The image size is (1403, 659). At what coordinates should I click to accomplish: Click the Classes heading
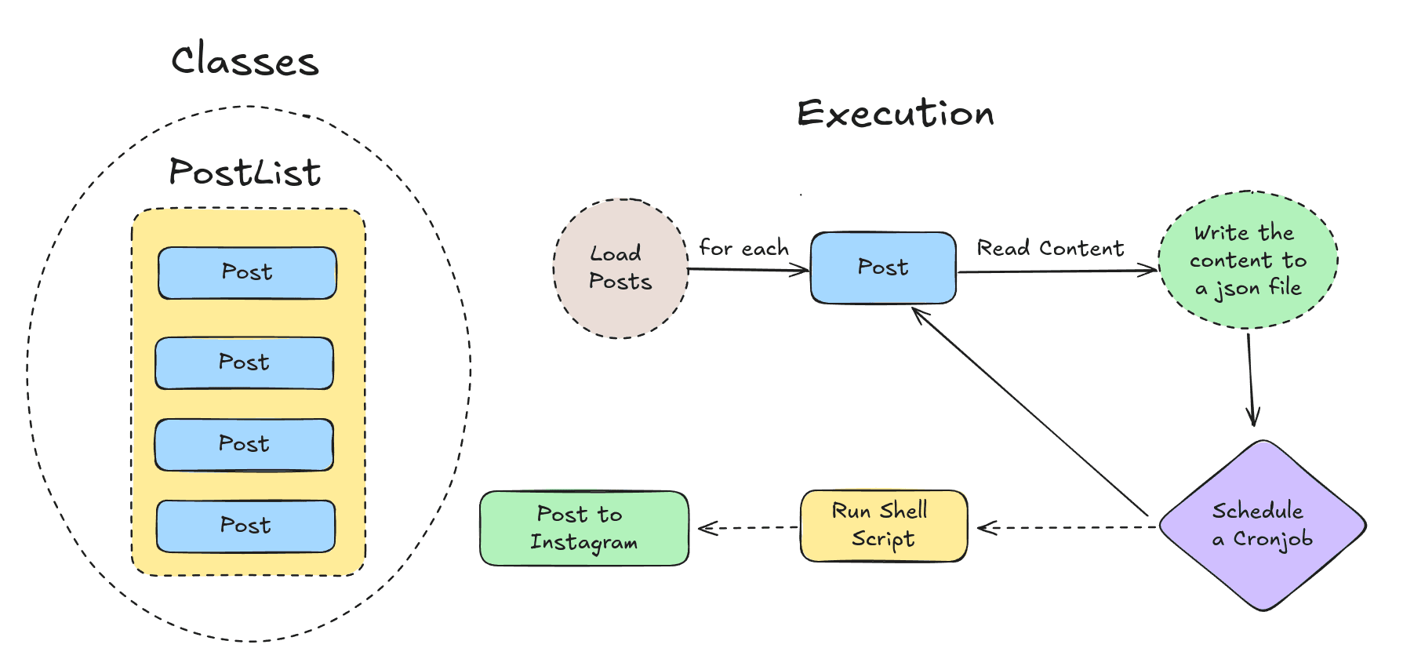[x=245, y=61]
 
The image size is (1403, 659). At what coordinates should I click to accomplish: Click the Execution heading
[x=896, y=115]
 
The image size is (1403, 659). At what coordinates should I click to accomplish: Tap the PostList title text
[x=245, y=173]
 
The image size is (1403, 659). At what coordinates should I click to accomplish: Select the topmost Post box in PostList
[x=247, y=273]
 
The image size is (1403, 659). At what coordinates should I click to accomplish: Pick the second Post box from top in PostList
[x=244, y=363]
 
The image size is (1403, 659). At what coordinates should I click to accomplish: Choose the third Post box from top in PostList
[x=244, y=445]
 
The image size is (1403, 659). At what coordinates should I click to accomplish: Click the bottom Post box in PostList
[x=245, y=526]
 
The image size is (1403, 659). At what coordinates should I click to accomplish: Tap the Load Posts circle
[x=620, y=268]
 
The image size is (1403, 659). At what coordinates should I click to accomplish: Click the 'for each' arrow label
[x=743, y=249]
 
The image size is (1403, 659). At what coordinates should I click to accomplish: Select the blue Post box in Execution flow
[x=883, y=268]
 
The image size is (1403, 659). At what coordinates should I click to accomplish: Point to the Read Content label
[x=1050, y=249]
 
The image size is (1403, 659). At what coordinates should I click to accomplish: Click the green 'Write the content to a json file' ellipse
[x=1248, y=260]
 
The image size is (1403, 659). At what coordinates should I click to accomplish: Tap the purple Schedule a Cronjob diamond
[x=1263, y=526]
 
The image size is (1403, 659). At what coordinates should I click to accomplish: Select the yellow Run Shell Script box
[x=883, y=526]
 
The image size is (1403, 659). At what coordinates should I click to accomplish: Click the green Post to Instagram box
[x=583, y=528]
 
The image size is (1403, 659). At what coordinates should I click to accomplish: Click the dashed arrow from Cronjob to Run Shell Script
[x=1067, y=527]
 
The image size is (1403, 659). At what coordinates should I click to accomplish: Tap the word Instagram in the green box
[x=583, y=543]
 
